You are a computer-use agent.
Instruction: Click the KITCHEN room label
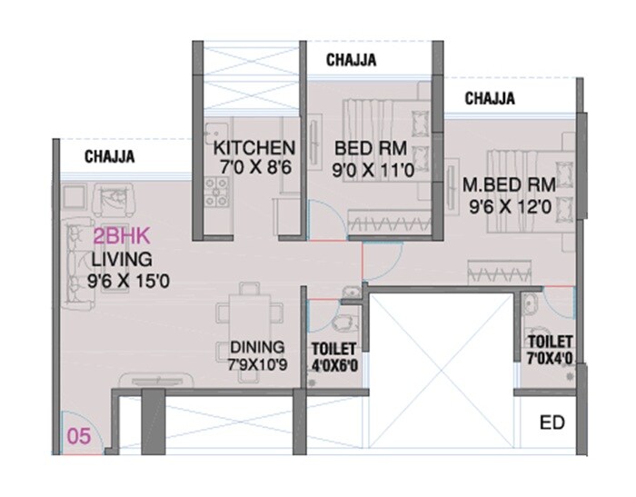click(x=253, y=148)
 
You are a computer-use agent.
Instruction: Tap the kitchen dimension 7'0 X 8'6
click(x=254, y=167)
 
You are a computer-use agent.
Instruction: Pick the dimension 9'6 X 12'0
click(x=510, y=207)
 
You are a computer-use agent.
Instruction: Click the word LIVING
click(x=115, y=260)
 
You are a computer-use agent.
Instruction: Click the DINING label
click(x=257, y=347)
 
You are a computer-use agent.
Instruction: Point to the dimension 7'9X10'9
click(x=258, y=365)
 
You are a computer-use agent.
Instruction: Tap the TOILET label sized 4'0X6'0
click(x=334, y=348)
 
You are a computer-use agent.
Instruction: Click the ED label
click(x=551, y=423)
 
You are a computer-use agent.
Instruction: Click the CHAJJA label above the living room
click(x=110, y=157)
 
